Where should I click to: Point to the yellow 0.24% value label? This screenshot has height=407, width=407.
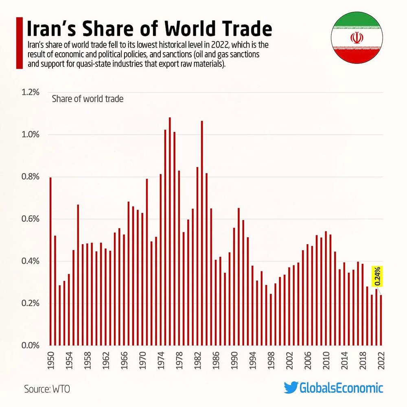click(x=377, y=276)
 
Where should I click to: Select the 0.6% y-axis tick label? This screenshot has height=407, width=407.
click(x=31, y=219)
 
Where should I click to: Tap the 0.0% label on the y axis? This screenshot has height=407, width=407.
click(x=31, y=346)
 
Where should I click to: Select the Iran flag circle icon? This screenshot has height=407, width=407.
click(x=357, y=38)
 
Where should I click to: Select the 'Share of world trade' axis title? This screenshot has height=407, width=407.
click(x=88, y=99)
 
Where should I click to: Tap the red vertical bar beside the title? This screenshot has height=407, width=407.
click(x=19, y=43)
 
